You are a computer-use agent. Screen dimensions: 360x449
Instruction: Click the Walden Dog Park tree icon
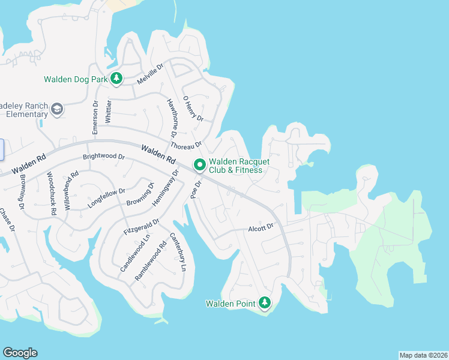coord(116,79)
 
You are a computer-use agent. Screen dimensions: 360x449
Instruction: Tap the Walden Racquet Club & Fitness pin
coord(199,164)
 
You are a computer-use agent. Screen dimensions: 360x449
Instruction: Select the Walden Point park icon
coord(264,303)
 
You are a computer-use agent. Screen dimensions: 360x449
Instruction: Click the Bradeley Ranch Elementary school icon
coord(56,109)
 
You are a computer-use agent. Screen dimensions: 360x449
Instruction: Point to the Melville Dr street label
coord(150,74)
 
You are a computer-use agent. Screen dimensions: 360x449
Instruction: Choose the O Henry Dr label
coord(193,109)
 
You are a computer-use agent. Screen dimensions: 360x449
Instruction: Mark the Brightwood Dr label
coord(103,157)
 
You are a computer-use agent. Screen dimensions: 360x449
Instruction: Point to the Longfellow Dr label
coord(106,197)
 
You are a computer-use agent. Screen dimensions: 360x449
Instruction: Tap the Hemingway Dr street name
coord(166,188)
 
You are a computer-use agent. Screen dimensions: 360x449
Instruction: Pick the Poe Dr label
coord(195,188)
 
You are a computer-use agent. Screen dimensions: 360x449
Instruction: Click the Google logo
coord(20,353)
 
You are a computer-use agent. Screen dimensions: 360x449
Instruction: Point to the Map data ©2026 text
coord(423,355)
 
